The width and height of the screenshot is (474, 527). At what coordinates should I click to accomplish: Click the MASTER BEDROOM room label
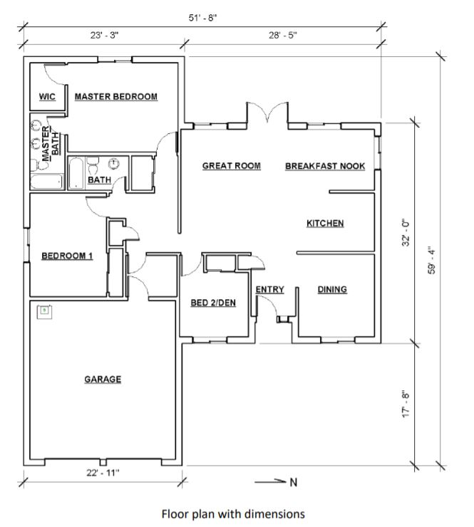tap(115, 97)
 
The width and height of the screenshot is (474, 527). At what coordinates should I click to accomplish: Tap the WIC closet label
tap(47, 97)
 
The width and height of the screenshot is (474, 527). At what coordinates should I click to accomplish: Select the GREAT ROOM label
tap(231, 166)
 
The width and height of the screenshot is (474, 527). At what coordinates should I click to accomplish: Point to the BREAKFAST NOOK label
tap(325, 166)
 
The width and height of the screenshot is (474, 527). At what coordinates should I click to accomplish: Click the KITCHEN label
tap(325, 224)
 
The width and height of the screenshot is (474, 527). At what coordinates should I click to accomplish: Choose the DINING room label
tap(332, 289)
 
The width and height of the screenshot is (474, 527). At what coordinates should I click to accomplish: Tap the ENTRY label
tap(269, 289)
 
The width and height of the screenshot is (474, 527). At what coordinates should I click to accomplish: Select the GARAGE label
tap(103, 380)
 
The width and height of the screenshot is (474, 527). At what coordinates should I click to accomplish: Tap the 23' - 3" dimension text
tap(103, 35)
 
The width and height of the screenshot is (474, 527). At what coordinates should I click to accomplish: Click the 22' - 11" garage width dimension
tap(103, 471)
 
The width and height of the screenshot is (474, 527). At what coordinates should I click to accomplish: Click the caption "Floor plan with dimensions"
tap(233, 513)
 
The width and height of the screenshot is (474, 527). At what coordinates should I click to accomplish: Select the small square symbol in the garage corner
tap(43, 310)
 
